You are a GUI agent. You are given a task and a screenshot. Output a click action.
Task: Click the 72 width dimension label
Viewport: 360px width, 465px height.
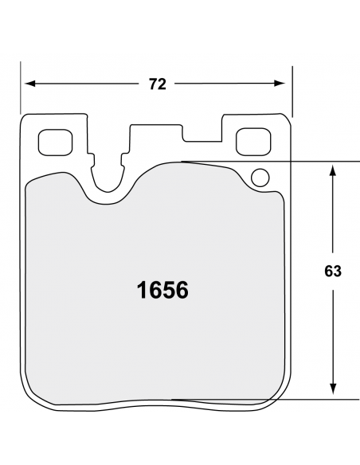pyautogui.click(x=158, y=84)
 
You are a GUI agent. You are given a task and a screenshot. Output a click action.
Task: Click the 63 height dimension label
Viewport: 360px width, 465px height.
pyautogui.click(x=333, y=272)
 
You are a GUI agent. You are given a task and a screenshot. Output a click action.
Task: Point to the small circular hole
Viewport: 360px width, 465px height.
pyautogui.click(x=260, y=177)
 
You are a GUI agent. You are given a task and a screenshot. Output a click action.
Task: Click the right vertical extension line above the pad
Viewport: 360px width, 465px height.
pyautogui.click(x=293, y=88)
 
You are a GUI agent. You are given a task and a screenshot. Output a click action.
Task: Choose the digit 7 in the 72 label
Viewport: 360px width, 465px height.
pyautogui.click(x=153, y=84)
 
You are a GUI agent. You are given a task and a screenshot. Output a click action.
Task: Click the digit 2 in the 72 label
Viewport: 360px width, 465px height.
pyautogui.click(x=162, y=84)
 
